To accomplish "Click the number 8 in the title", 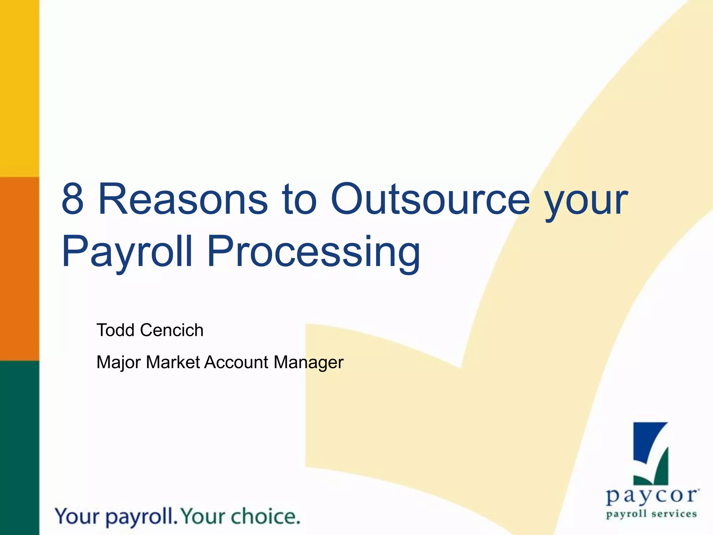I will (73, 199).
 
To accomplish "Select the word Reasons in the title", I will (183, 199).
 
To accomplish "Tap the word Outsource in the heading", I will (430, 199).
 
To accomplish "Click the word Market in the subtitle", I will (173, 362).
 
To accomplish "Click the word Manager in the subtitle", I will (308, 363).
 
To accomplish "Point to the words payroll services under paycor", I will (651, 514).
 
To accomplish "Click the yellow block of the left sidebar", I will (19, 87).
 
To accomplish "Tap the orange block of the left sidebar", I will (19, 268).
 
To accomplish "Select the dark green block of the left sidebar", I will (19, 448).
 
